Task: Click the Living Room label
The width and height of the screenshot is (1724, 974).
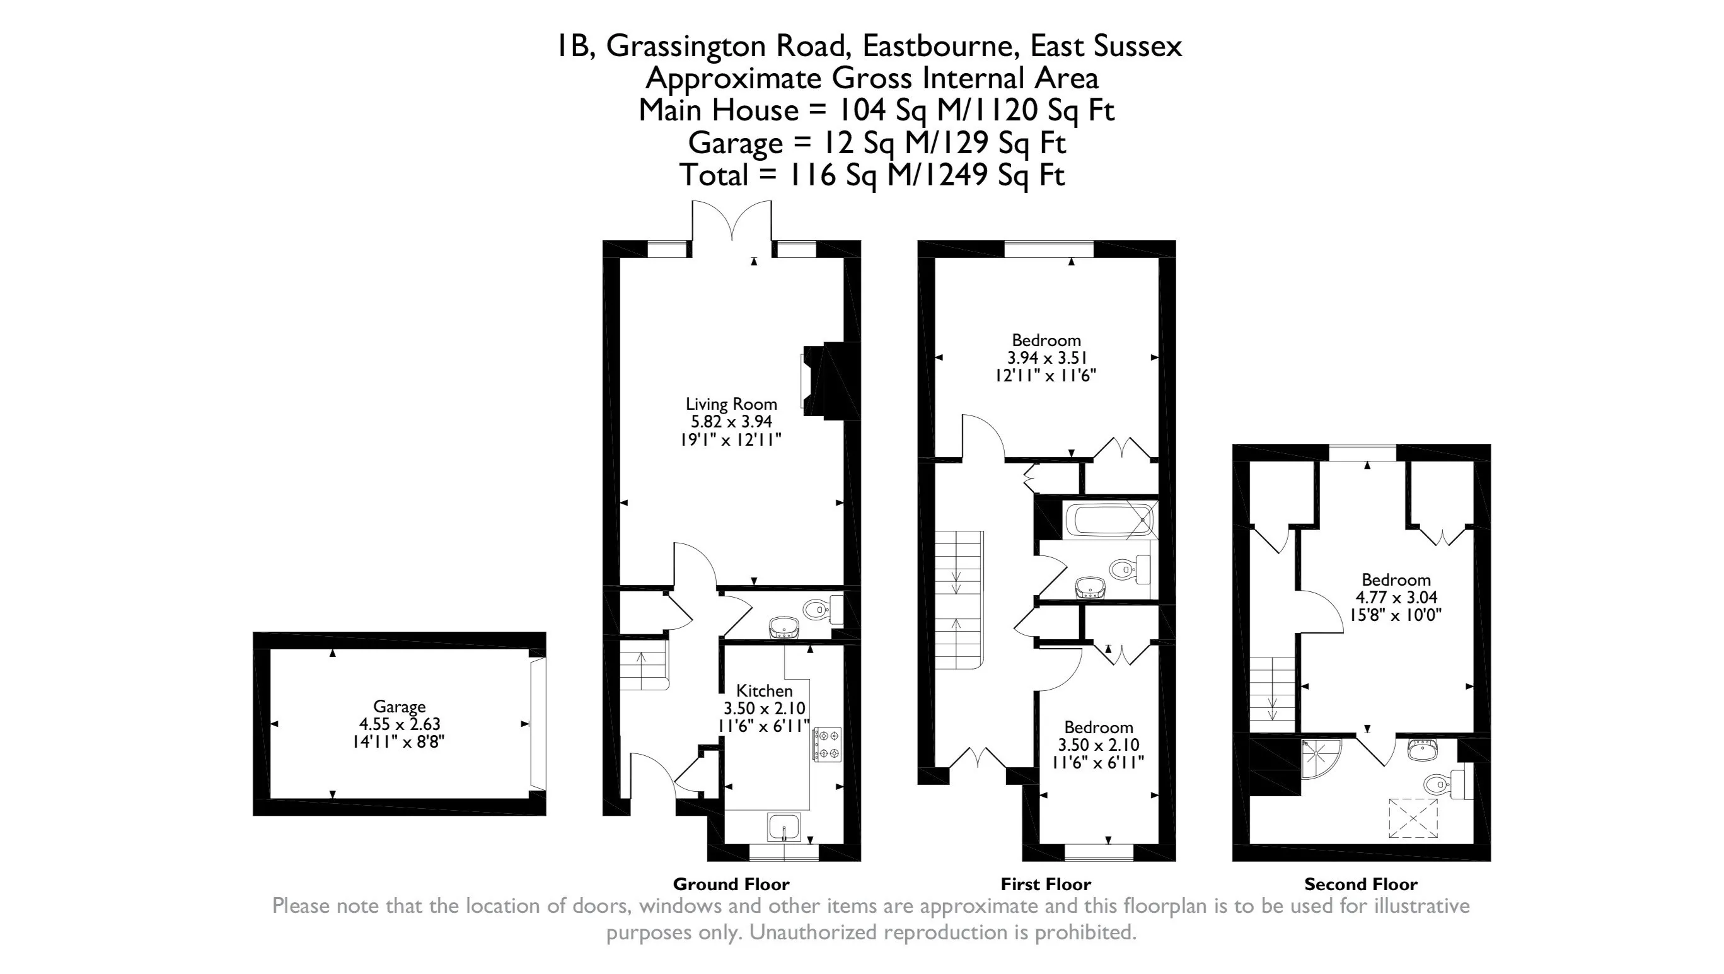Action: (x=731, y=404)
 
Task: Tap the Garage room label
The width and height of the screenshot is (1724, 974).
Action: (x=399, y=707)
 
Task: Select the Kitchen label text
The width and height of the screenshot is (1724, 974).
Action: (x=764, y=691)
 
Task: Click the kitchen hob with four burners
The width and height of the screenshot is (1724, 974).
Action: (x=827, y=745)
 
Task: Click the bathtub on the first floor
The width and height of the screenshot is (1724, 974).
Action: (x=1108, y=520)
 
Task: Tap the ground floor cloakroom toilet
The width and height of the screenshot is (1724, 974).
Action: (x=818, y=610)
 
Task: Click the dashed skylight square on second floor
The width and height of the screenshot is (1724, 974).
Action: (x=1413, y=818)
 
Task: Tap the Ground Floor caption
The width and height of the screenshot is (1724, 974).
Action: (x=731, y=884)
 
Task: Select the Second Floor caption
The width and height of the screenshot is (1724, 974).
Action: (x=1360, y=884)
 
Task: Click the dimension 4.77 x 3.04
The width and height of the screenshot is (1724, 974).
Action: (x=1396, y=598)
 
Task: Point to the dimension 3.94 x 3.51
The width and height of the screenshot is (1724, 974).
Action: (x=1046, y=358)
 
